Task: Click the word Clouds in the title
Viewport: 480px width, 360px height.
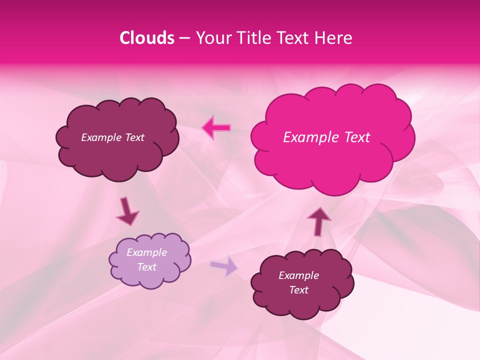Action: [147, 38]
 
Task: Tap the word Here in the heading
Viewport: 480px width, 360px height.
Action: [334, 38]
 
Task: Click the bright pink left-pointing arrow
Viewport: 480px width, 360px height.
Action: [216, 127]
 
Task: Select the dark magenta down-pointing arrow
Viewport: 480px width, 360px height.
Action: [127, 211]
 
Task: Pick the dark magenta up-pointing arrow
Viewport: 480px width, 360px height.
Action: [318, 221]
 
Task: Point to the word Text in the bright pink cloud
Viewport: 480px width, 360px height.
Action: [356, 137]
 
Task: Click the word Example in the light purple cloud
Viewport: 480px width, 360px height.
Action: [146, 252]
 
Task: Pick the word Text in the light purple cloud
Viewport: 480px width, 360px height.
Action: [146, 267]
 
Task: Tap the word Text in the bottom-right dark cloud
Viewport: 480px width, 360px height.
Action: [298, 290]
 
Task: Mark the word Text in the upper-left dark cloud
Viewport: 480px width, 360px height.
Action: [134, 137]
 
